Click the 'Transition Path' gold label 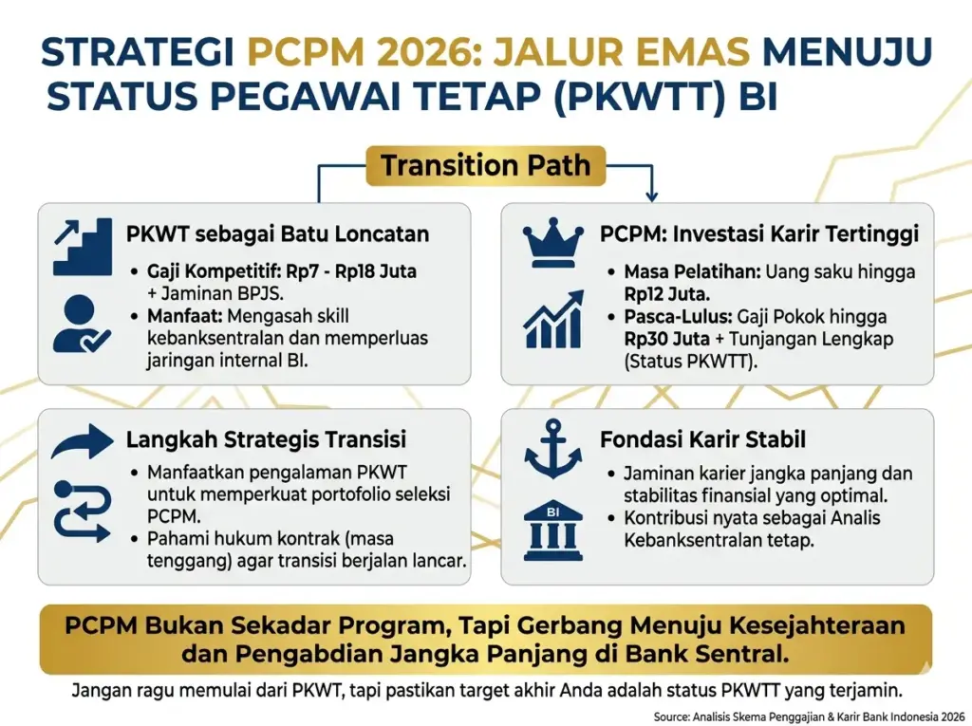coord(485,165)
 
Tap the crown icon coord(553,242)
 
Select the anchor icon coord(553,448)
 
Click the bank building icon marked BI coord(553,531)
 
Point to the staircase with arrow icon coord(83,246)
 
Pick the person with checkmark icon coord(82,325)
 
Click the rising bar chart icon coord(553,319)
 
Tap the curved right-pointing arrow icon coord(83,441)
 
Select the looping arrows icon coord(83,512)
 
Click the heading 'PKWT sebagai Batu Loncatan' coord(278,233)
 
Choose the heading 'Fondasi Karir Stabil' coord(703,439)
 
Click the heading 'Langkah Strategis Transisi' coord(266,439)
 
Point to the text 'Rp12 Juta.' coord(667,294)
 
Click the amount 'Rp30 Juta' coord(667,339)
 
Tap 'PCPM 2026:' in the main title coord(364,51)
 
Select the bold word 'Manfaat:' coord(185,316)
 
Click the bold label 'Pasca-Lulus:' coord(678,317)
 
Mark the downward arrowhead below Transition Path coord(651,197)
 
